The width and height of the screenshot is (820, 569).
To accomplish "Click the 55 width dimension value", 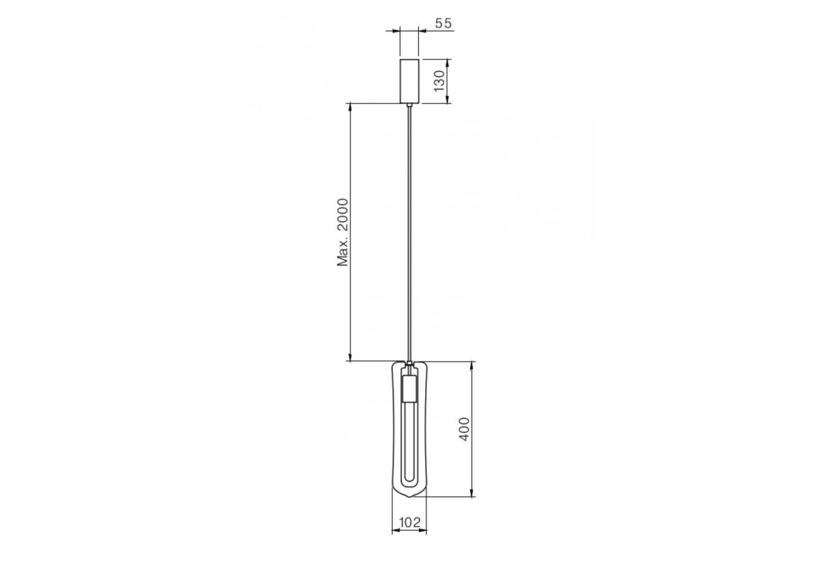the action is click(x=443, y=23).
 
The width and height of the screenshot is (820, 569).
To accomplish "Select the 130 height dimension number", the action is click(x=439, y=81).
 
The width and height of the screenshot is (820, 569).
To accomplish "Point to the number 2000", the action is click(x=342, y=215).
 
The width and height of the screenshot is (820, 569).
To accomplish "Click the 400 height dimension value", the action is click(x=464, y=429).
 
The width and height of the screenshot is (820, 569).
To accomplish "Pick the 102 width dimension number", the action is click(x=409, y=522).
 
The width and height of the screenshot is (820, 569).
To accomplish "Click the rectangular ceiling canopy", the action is click(x=409, y=81).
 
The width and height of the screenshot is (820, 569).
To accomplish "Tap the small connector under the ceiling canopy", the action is click(x=409, y=105).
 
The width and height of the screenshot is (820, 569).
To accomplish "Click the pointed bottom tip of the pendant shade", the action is click(x=409, y=498).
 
